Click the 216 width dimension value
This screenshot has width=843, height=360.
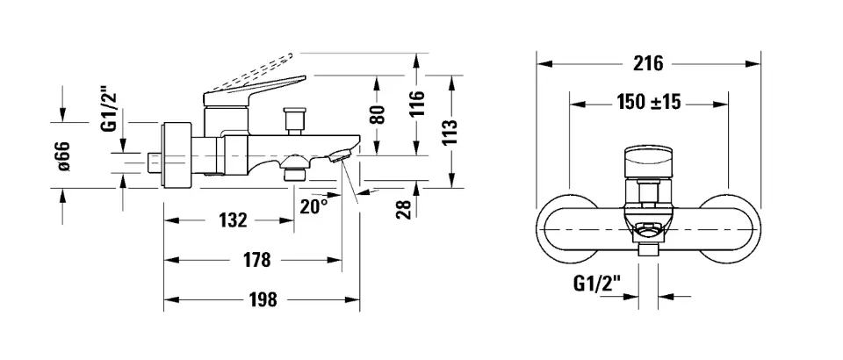648,63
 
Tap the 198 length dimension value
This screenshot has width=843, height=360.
261,300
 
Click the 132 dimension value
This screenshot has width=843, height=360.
232,220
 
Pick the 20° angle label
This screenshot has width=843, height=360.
313,206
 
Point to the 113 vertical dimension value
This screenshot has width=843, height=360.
451,132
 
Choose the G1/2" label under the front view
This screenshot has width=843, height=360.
597,283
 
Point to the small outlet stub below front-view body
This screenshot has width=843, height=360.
647,252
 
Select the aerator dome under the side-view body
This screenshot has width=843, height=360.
294,164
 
